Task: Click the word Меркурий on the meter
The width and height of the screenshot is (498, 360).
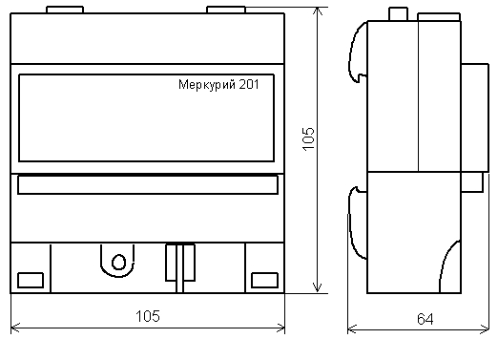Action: click(x=207, y=85)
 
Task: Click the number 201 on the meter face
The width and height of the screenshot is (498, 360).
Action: click(x=249, y=84)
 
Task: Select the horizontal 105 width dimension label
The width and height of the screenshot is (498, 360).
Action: click(x=148, y=316)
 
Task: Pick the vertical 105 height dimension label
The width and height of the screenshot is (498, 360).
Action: click(x=308, y=139)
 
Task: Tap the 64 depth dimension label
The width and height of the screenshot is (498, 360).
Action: click(x=425, y=319)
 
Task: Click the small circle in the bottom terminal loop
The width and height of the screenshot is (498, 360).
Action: click(x=118, y=262)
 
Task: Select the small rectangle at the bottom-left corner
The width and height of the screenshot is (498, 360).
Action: click(x=31, y=280)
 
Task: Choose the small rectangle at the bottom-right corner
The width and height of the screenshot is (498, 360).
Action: click(x=264, y=280)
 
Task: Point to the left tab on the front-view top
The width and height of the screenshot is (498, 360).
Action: click(x=65, y=10)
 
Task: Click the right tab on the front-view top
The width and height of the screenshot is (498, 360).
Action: click(x=226, y=10)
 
